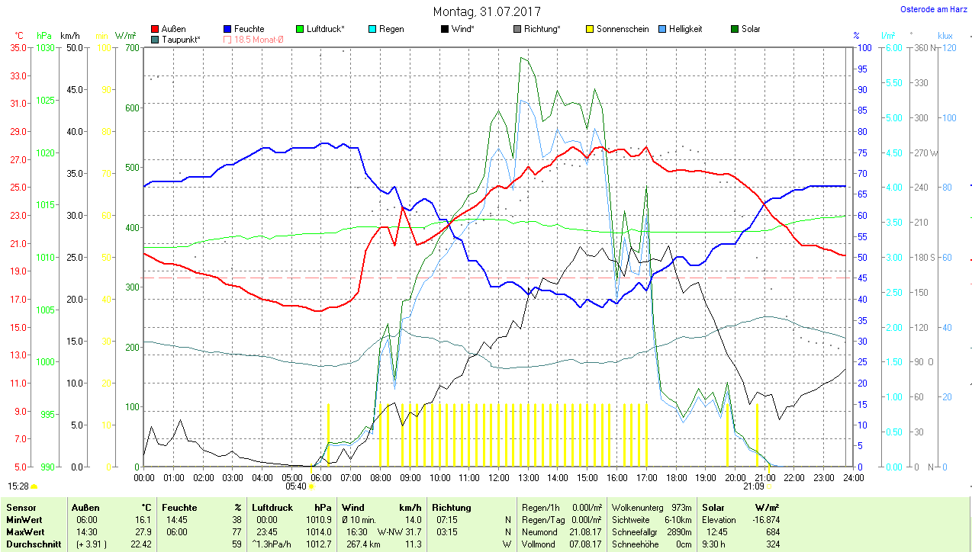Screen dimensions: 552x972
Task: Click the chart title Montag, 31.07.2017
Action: [486, 11]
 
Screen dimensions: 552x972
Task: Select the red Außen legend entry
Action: [169, 29]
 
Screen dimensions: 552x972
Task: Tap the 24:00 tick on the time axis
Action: [852, 478]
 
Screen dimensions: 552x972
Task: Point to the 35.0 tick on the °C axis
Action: [19, 47]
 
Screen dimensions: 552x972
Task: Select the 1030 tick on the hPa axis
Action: [45, 47]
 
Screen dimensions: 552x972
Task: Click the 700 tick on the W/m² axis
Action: [131, 47]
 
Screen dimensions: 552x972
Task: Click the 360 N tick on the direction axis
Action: [919, 47]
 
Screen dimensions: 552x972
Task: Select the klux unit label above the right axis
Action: [945, 36]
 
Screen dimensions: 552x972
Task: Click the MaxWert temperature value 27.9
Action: [142, 531]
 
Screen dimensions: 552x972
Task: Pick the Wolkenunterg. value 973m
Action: [681, 507]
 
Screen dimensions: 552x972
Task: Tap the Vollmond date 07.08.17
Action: [585, 544]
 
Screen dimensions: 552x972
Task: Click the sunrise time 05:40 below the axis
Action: [295, 486]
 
